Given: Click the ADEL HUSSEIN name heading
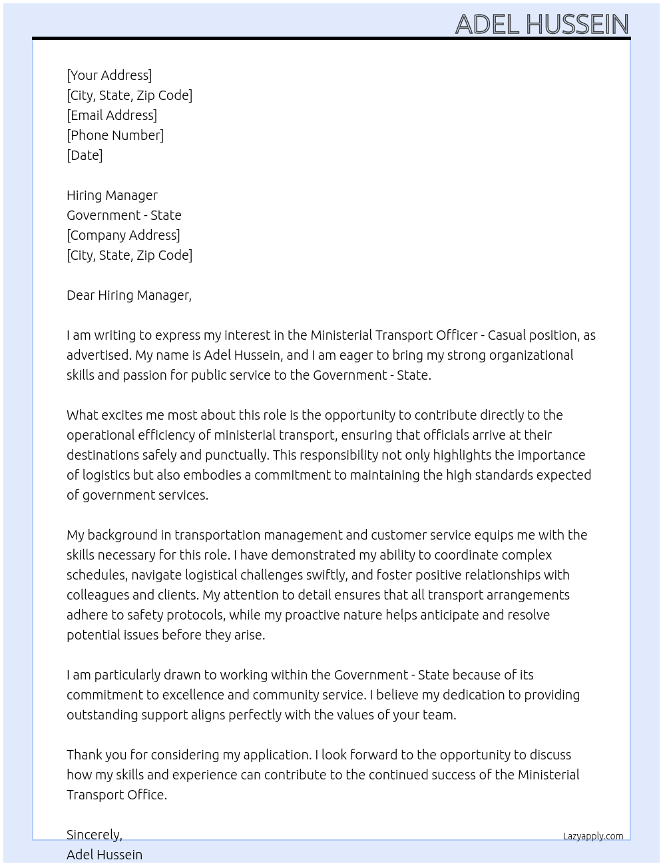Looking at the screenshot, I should [x=542, y=25].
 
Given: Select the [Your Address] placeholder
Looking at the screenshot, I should [x=109, y=75].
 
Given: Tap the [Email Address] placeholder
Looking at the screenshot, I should [x=112, y=115].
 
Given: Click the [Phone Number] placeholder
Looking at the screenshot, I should [x=115, y=135].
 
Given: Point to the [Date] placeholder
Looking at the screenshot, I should [x=85, y=155].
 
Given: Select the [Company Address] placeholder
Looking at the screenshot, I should [x=123, y=235].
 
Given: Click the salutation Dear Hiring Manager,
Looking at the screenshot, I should [x=129, y=295].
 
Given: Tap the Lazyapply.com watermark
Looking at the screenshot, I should [x=593, y=836].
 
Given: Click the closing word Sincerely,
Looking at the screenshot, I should [x=95, y=835].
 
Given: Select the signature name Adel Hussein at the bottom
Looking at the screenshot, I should [x=105, y=855].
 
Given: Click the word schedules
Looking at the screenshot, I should [x=97, y=575].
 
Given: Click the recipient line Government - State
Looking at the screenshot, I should [x=124, y=215].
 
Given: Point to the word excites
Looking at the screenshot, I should [x=123, y=415].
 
